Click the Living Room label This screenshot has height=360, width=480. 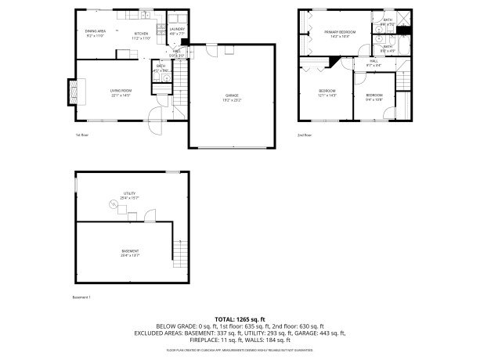point(120,93)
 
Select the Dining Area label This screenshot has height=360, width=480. point(96,33)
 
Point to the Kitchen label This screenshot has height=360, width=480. point(141,35)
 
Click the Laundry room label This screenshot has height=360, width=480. point(177,31)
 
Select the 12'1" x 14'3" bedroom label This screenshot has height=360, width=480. point(327,93)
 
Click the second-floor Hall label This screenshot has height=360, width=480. point(374,63)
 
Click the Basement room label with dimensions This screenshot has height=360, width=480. point(130,253)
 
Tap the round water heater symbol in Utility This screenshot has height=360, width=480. point(111,204)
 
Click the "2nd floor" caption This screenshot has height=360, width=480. point(304,135)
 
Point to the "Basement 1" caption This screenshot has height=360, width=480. point(82,297)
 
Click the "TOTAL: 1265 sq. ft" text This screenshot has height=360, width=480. point(240,319)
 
